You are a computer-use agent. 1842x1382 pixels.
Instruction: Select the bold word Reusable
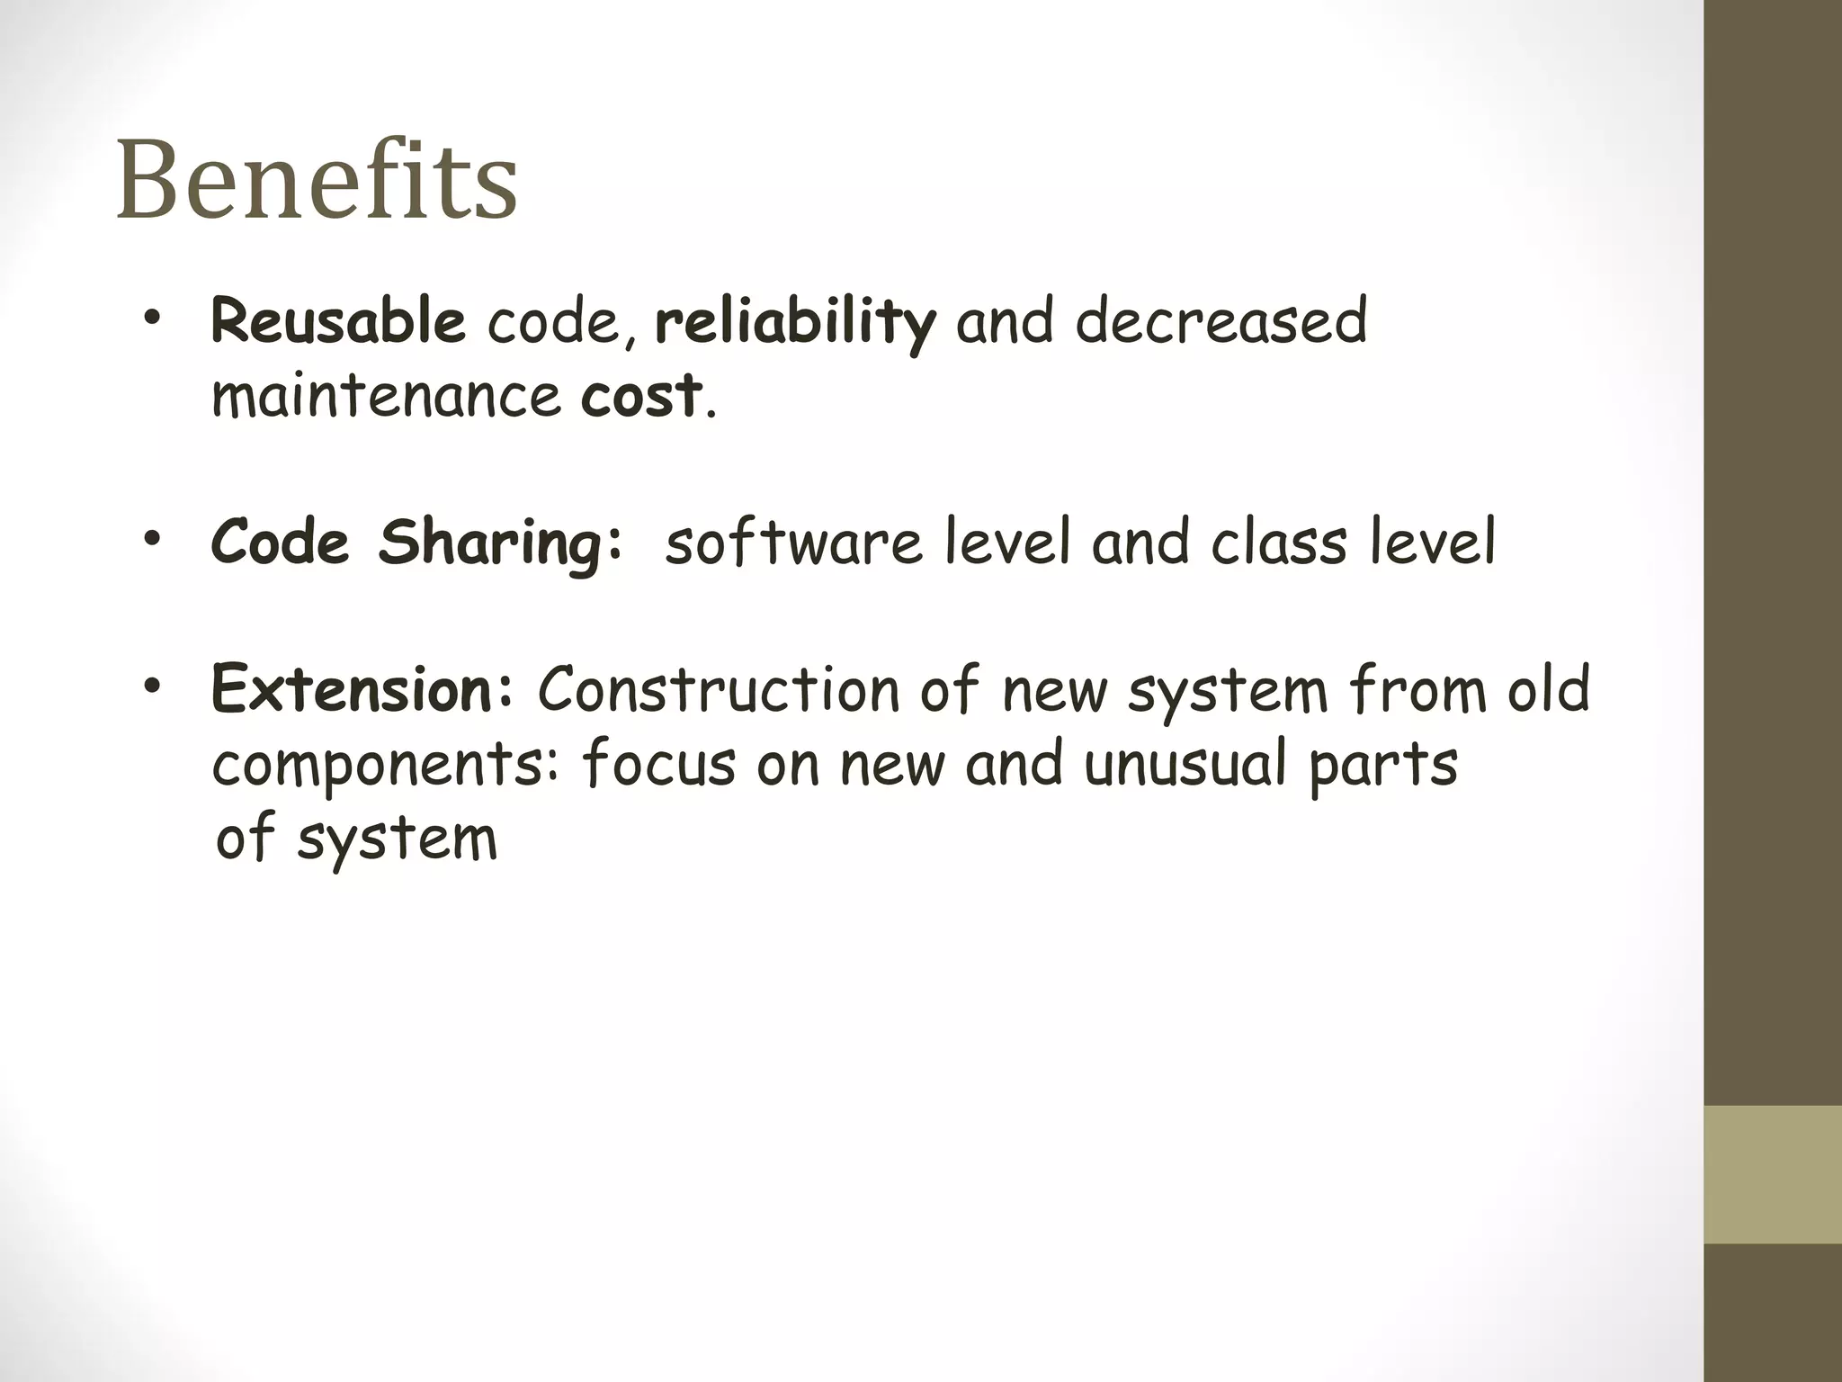[x=337, y=321]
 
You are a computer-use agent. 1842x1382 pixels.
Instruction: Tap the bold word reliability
[x=795, y=321]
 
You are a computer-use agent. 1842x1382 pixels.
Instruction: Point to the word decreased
[x=1221, y=321]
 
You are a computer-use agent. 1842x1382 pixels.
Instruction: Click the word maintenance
[x=386, y=396]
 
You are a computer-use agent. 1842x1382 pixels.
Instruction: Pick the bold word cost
[x=640, y=396]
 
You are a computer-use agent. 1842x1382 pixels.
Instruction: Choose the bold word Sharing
[x=499, y=543]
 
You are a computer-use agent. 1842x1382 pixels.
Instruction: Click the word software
[x=793, y=543]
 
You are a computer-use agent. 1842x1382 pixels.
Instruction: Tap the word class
[x=1278, y=543]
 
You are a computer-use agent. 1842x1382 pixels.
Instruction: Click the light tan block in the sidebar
[x=1773, y=1174]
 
